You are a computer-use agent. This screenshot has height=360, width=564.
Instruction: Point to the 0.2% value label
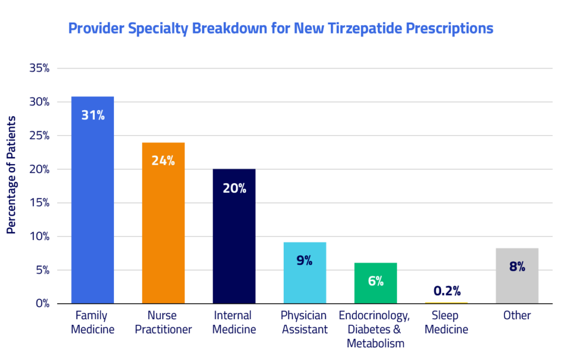click(446, 291)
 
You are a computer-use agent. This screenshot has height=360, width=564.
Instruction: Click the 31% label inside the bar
click(93, 116)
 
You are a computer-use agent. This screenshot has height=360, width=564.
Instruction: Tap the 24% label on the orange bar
click(163, 161)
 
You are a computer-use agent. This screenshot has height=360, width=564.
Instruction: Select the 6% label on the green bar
click(376, 281)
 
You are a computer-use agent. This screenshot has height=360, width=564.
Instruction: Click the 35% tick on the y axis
click(39, 69)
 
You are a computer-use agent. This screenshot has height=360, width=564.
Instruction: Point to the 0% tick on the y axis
click(42, 304)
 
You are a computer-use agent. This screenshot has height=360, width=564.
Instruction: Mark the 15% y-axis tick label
click(39, 203)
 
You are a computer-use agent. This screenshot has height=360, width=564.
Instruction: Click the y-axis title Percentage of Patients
click(11, 175)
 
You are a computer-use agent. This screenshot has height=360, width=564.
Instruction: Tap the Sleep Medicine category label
click(446, 323)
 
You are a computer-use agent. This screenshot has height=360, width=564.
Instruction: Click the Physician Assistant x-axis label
click(304, 323)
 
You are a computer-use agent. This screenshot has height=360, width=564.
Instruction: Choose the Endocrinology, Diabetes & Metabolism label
click(375, 329)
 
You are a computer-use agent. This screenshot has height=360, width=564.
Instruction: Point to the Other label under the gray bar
click(517, 316)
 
